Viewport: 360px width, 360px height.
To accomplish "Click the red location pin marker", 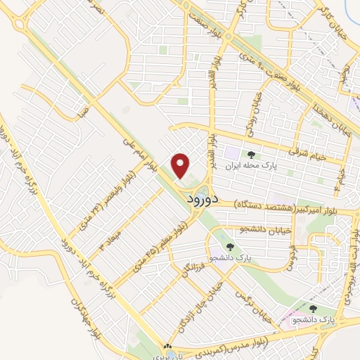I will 181,166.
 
